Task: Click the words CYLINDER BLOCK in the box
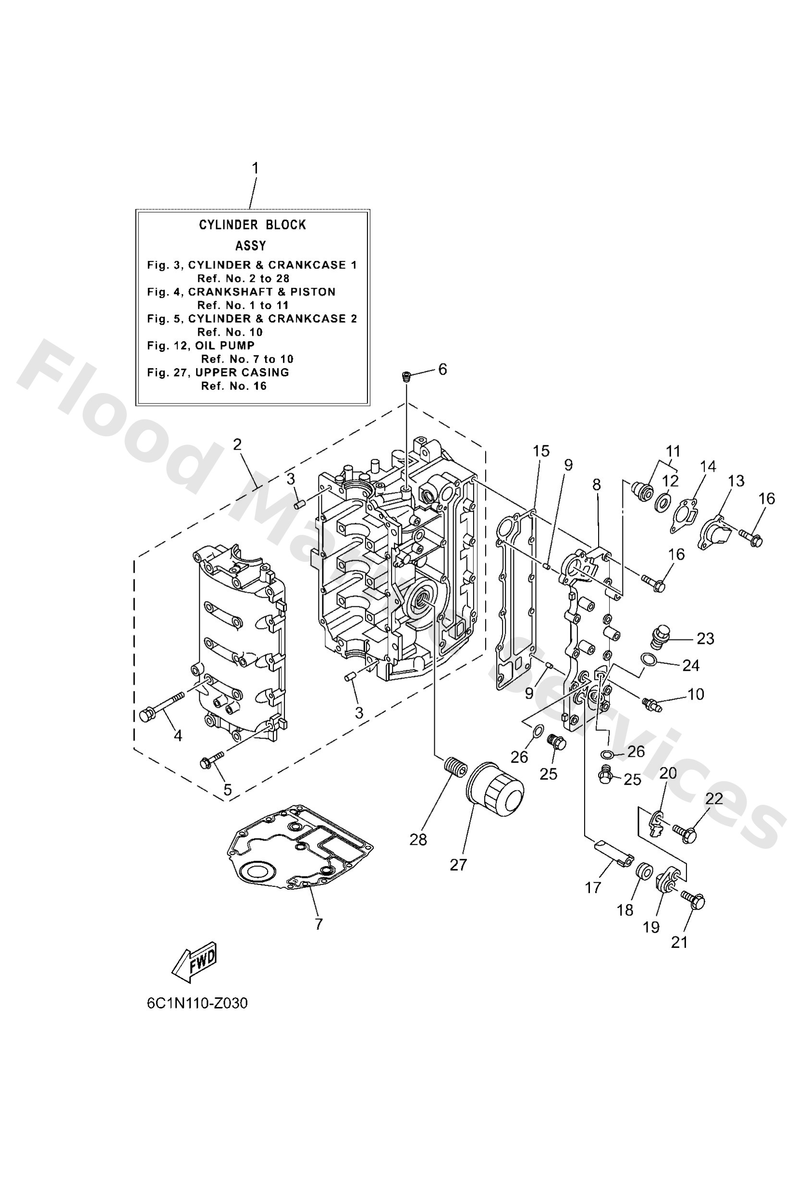252,225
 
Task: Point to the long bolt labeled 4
160,707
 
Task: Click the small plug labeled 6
405,377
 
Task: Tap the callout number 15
541,451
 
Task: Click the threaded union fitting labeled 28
454,768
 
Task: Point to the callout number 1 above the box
255,168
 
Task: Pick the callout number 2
236,444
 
